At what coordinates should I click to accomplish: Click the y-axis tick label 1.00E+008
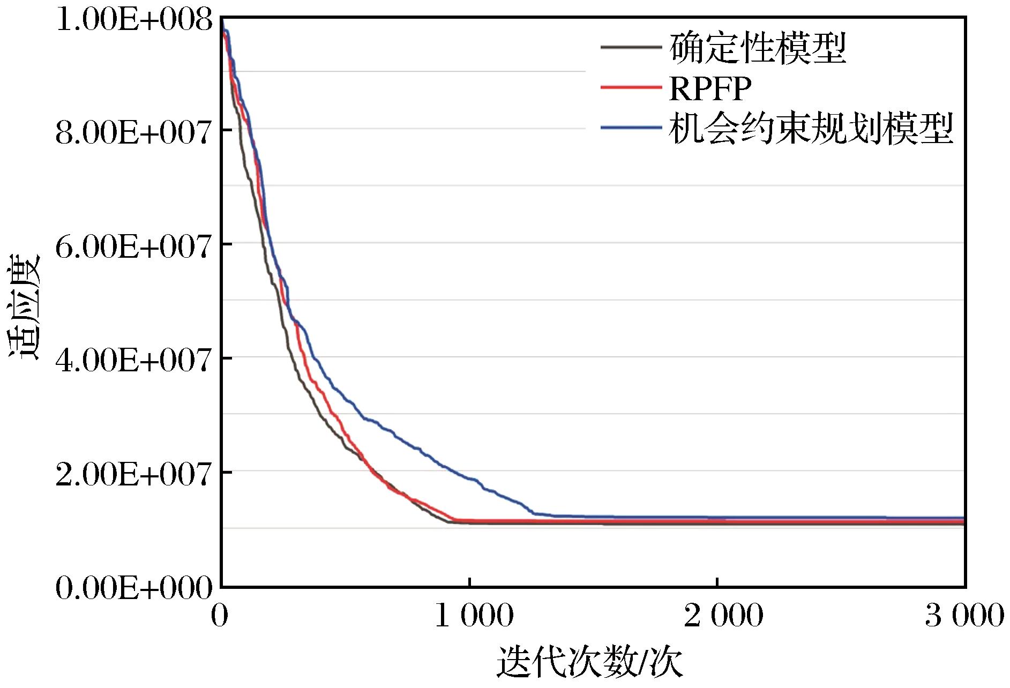click(x=133, y=21)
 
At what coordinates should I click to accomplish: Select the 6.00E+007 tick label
click(x=133, y=245)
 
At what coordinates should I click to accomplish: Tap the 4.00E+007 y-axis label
click(x=133, y=359)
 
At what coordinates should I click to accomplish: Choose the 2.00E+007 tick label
click(x=133, y=473)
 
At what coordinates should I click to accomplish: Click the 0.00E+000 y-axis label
click(x=133, y=588)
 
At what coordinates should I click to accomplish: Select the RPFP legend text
click(x=710, y=88)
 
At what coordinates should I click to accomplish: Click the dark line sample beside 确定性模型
click(x=630, y=47)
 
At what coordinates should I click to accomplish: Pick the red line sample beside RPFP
click(x=630, y=87)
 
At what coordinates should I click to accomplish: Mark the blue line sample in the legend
click(x=630, y=127)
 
